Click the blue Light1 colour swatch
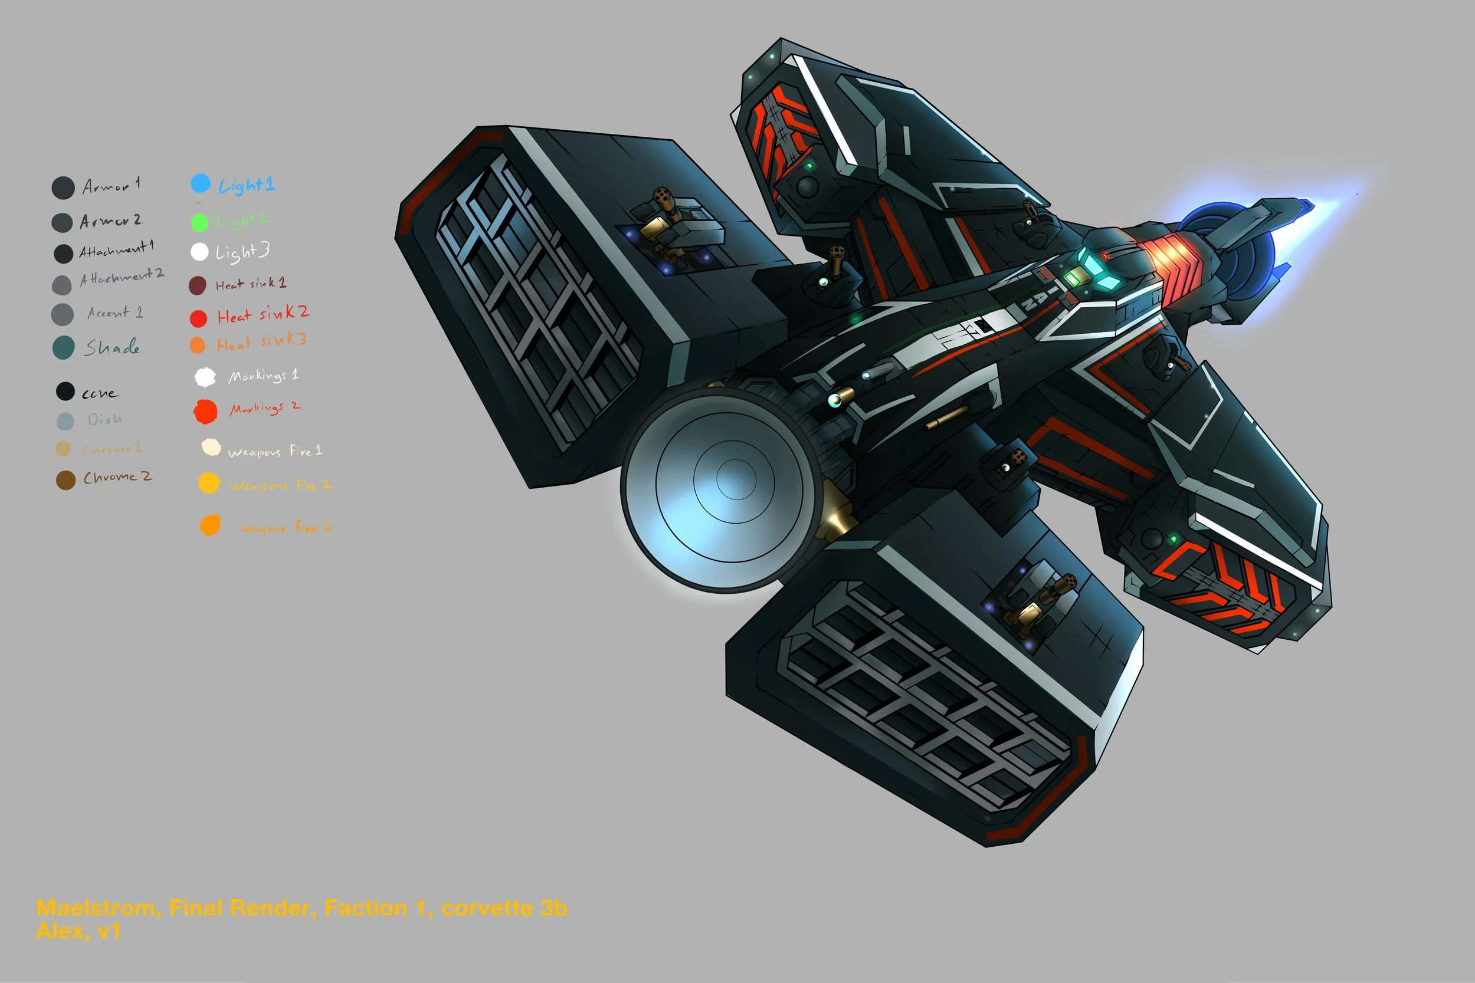pos(200,183)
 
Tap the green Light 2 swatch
pos(199,222)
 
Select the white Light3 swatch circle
pos(199,251)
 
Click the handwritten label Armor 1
pos(111,186)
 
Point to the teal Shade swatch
pos(63,347)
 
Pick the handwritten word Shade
pos(113,347)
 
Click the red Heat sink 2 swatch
pos(198,318)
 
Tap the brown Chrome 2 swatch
pos(65,480)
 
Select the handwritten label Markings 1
pos(263,376)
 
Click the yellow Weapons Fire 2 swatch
pos(209,483)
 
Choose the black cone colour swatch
pos(65,391)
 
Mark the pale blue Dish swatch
pos(65,420)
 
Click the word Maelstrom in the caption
pos(96,908)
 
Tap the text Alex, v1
pos(78,931)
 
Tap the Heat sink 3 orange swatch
pos(197,345)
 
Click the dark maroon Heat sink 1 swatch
pos(197,285)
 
